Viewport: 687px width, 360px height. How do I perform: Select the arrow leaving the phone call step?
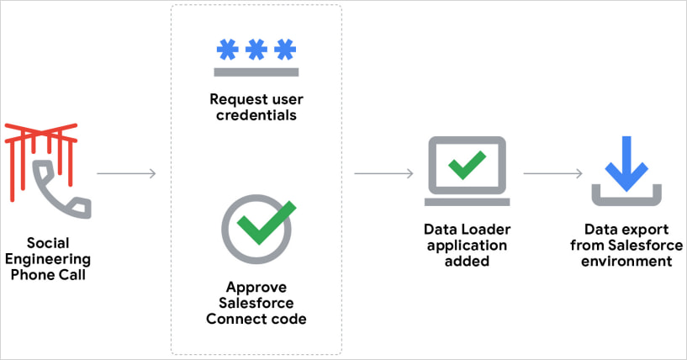pyautogui.click(x=126, y=174)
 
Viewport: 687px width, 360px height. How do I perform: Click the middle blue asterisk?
pyautogui.click(x=256, y=49)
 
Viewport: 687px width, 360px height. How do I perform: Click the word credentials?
pyautogui.click(x=256, y=116)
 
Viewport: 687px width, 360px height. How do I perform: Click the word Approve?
pyautogui.click(x=256, y=286)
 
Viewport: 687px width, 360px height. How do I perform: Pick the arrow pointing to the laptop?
pyautogui.click(x=383, y=174)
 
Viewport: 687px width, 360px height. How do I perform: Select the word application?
pyautogui.click(x=467, y=246)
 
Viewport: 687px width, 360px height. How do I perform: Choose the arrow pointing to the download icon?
pyautogui.click(x=552, y=174)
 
